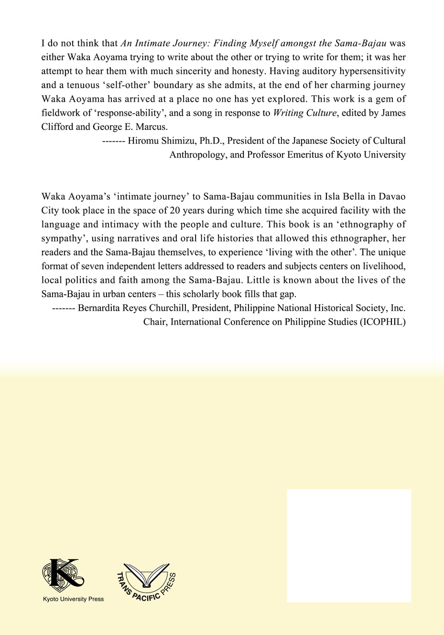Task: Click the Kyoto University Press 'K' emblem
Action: click(63, 575)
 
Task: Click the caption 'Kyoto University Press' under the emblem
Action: click(73, 599)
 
